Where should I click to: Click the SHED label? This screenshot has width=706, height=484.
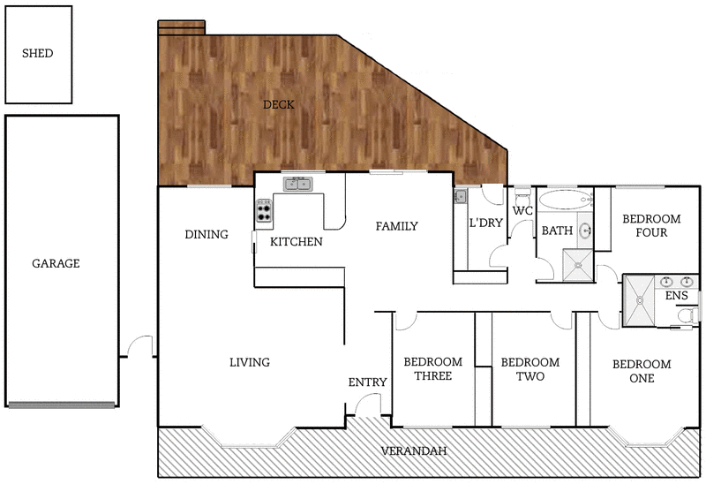(37, 53)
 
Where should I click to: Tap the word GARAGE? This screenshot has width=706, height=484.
(56, 263)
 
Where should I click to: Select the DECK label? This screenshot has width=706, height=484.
(278, 104)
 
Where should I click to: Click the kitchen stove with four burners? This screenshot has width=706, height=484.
(264, 210)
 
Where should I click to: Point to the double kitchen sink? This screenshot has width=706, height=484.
(297, 184)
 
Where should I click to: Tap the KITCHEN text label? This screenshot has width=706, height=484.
(296, 241)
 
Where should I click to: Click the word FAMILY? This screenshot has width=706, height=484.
(396, 226)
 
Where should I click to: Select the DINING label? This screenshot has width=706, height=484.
(207, 234)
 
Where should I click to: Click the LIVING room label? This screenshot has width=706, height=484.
(249, 362)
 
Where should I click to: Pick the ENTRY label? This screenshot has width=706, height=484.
(367, 382)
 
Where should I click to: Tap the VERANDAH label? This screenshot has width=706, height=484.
(413, 451)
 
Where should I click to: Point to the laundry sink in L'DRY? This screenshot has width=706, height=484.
(460, 196)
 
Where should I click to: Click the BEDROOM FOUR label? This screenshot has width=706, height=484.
(651, 226)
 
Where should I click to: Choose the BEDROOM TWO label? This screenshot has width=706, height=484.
(529, 369)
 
